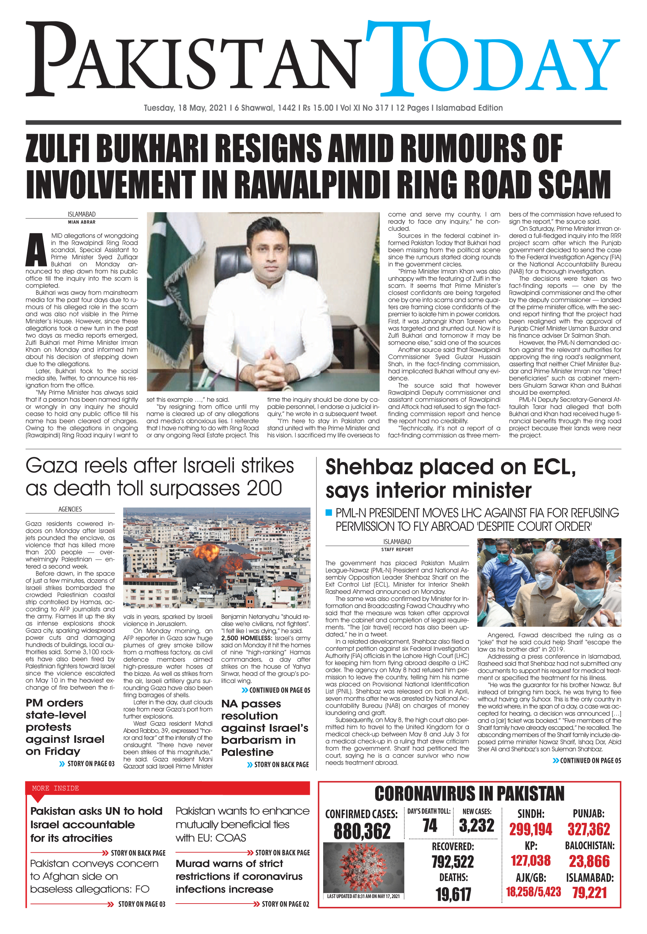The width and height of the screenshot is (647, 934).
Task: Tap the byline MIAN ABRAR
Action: point(81,222)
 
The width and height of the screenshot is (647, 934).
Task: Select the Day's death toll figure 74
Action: point(430,826)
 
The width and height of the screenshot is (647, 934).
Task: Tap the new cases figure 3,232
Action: point(476,826)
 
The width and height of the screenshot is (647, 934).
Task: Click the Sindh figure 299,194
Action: point(530,829)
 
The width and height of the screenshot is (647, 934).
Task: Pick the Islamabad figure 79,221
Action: point(590,893)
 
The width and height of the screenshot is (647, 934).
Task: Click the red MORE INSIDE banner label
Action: point(55,788)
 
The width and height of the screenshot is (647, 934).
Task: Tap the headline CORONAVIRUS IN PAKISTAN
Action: point(469,794)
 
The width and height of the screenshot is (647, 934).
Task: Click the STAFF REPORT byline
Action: point(397,550)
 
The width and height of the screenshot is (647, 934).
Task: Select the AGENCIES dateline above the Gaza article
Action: point(70,509)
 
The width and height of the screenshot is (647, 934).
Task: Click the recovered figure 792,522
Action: point(452,862)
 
